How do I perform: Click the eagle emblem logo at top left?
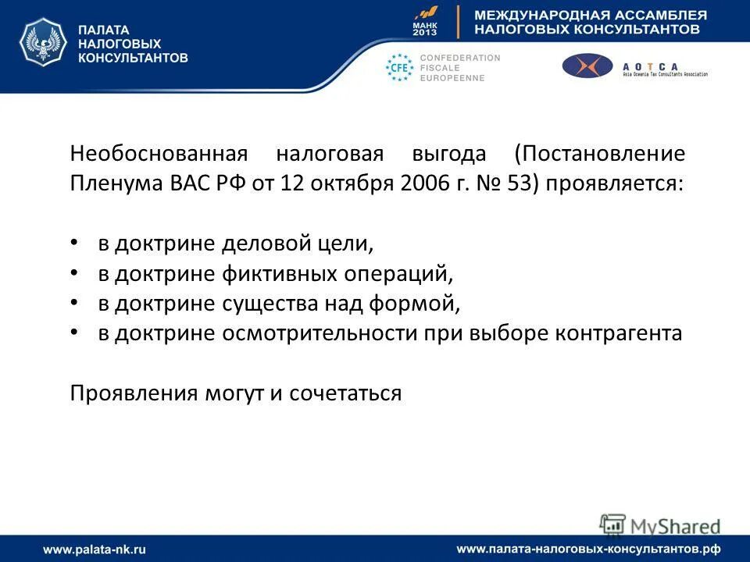click(x=43, y=44)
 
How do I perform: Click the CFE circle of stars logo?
click(x=400, y=68)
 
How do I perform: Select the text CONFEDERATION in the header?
click(x=460, y=58)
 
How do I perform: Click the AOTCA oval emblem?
click(x=587, y=66)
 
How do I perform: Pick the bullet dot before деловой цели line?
click(x=74, y=244)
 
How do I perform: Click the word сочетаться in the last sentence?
click(x=345, y=393)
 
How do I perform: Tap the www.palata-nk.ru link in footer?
click(x=95, y=550)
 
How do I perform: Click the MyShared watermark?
click(x=660, y=525)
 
